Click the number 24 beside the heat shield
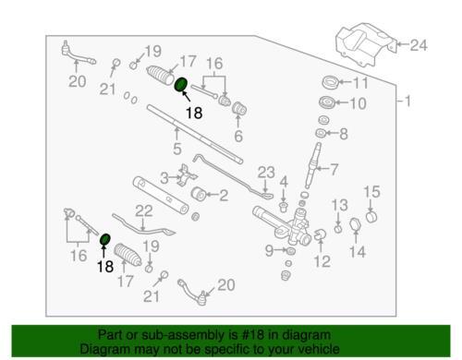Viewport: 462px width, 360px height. [x=419, y=45]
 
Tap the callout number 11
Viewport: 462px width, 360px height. [x=360, y=82]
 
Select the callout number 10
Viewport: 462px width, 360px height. [x=358, y=103]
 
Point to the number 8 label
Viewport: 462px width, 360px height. [x=344, y=134]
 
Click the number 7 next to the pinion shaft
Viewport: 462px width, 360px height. [x=334, y=170]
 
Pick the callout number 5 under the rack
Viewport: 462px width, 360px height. [x=177, y=149]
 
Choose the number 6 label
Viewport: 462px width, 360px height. [x=238, y=137]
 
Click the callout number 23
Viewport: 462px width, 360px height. [x=266, y=173]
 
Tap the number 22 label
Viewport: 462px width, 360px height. [x=144, y=211]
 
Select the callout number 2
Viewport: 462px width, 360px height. [x=224, y=196]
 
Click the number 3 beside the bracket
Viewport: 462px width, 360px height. [x=164, y=178]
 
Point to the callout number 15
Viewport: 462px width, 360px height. [x=372, y=192]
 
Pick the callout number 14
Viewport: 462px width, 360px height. [x=358, y=252]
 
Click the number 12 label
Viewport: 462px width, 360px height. [x=322, y=261]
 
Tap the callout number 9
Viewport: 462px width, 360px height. [x=269, y=251]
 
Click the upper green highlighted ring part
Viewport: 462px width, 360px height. [x=181, y=84]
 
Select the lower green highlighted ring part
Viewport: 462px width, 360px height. [x=105, y=239]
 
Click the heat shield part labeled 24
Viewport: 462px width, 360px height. [x=364, y=44]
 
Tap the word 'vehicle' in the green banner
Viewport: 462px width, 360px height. [x=320, y=349]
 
